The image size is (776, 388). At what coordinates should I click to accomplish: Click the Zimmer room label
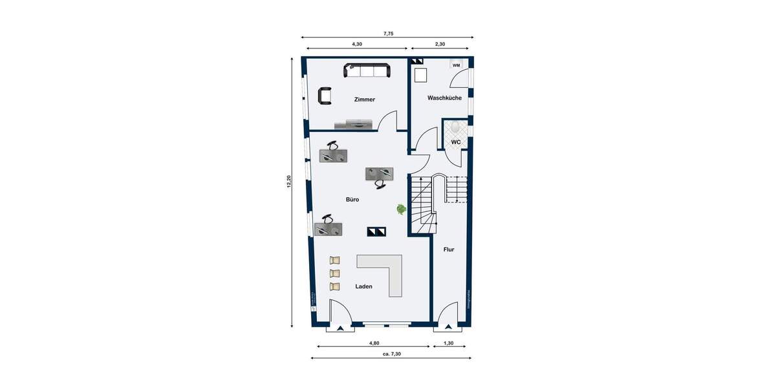364,100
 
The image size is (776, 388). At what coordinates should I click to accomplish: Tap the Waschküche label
444,98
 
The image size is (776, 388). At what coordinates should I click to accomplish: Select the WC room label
455,142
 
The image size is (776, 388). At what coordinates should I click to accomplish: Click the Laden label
363,286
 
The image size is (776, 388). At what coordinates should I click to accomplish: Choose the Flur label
449,249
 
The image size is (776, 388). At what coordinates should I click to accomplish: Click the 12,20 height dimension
289,182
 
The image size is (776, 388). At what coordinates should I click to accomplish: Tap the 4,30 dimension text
356,44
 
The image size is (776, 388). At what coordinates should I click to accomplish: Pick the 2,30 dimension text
441,44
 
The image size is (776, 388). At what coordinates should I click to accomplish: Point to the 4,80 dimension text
374,343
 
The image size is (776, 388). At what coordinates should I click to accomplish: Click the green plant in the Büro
401,209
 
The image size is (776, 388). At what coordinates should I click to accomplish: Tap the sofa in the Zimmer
367,70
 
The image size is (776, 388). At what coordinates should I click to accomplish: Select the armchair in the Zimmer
325,96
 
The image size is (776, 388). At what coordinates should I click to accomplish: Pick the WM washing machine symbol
456,65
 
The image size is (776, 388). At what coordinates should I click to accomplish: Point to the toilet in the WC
455,127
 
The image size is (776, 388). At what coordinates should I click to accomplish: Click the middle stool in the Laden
334,273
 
